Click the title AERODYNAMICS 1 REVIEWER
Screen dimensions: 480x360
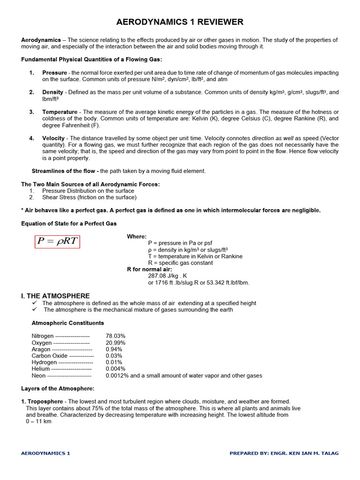[180, 22]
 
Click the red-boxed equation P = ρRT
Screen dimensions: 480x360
[57, 241]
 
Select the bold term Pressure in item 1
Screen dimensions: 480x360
[54, 73]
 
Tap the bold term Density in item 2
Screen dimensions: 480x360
[52, 92]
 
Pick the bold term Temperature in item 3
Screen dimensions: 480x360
[60, 112]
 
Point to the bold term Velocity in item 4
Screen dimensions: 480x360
[53, 138]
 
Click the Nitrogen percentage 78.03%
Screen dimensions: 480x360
[115, 336]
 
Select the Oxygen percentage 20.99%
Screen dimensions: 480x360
[115, 343]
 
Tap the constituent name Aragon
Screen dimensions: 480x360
[41, 349]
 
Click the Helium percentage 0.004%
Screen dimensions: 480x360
[115, 369]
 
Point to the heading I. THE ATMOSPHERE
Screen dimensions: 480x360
[55, 296]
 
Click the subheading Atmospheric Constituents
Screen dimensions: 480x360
[67, 323]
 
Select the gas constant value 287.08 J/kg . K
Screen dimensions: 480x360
[167, 276]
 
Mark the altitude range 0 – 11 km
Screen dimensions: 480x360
[38, 421]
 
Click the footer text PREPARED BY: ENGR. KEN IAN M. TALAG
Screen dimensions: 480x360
[284, 453]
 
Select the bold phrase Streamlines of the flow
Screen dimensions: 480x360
[64, 171]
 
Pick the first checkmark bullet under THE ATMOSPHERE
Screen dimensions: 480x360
[34, 303]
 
